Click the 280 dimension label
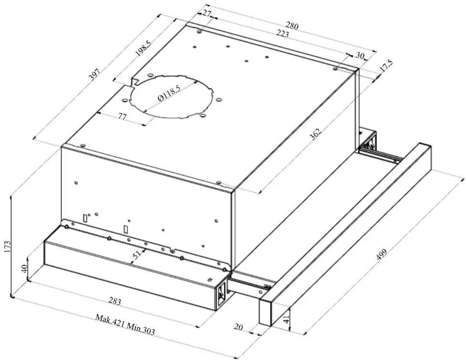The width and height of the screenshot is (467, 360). click(x=292, y=26)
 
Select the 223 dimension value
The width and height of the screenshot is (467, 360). click(x=282, y=34)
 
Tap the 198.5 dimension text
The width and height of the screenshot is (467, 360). click(x=144, y=49)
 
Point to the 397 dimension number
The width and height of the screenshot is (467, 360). click(x=95, y=74)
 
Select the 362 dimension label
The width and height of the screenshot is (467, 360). click(x=315, y=134)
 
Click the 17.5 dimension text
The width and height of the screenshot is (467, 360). click(x=386, y=66)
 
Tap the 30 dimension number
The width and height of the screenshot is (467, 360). click(x=360, y=55)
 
